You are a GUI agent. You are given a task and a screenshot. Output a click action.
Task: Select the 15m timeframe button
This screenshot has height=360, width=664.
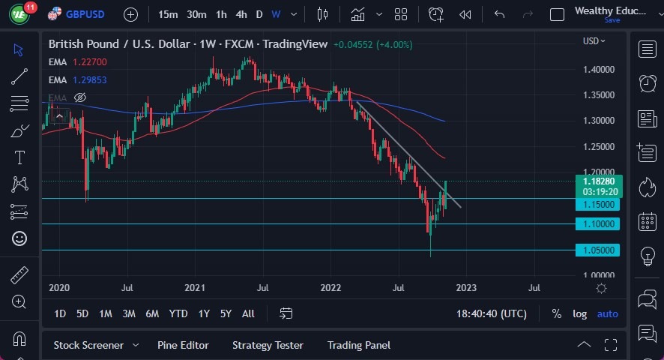(x=169, y=14)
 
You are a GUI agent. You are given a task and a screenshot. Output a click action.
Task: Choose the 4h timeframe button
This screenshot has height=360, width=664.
(x=241, y=14)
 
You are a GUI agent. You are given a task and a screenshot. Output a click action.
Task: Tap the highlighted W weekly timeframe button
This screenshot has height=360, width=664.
(x=276, y=14)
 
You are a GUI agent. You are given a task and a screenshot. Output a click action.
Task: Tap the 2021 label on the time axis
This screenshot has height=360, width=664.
(x=195, y=287)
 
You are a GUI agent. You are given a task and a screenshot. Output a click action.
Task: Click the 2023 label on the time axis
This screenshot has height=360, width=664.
(x=466, y=287)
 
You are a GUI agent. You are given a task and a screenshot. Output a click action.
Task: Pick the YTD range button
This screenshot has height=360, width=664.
(x=178, y=313)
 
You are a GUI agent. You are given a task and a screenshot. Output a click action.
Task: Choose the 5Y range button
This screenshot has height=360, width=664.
(x=226, y=313)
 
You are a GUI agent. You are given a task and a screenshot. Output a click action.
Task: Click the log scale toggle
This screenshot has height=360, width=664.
(x=579, y=313)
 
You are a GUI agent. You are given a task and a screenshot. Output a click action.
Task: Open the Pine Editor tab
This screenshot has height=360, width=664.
(x=183, y=345)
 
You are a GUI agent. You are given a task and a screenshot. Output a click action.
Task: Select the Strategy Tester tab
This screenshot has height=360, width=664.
(x=268, y=345)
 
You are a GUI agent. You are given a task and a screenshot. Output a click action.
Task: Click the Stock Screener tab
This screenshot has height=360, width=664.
(x=88, y=345)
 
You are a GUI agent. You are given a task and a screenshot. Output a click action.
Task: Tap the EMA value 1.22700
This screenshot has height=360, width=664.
(x=90, y=61)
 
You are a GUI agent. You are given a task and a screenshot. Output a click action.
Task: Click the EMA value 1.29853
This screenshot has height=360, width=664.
(x=90, y=79)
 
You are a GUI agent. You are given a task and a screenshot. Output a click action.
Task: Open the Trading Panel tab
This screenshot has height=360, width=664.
(x=359, y=345)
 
